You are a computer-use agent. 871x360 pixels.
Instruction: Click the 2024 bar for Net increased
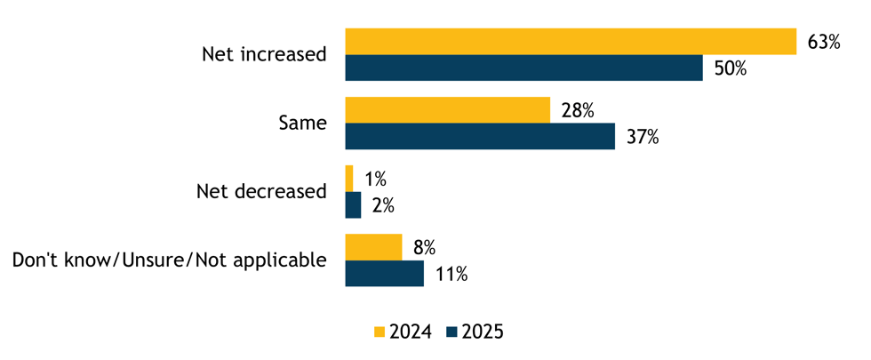(570, 42)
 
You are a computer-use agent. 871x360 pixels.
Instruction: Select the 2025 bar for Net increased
(523, 68)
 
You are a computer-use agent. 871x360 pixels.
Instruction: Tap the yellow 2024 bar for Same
(447, 110)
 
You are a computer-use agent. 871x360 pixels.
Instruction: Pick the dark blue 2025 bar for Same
(479, 136)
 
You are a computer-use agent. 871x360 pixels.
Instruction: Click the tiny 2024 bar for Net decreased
(349, 178)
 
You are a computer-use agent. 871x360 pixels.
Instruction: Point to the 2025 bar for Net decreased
(353, 204)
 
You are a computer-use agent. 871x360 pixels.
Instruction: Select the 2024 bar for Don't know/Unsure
(373, 247)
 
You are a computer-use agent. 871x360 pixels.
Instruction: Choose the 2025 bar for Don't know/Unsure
(384, 273)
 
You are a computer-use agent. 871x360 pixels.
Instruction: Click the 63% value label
(823, 42)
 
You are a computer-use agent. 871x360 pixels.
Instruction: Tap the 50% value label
(730, 68)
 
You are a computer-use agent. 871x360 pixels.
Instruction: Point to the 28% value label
(577, 110)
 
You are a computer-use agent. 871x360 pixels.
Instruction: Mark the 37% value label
(641, 137)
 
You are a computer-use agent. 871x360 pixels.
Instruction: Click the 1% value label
(374, 179)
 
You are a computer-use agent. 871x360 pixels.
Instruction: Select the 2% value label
(383, 205)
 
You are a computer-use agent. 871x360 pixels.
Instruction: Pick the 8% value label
(423, 247)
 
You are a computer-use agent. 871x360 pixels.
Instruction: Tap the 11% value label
(451, 274)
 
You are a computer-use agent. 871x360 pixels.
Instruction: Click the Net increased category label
(264, 55)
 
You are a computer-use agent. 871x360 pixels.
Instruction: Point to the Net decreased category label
(260, 191)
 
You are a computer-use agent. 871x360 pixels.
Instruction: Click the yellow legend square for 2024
(380, 332)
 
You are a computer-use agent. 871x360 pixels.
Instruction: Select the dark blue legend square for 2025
(451, 332)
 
